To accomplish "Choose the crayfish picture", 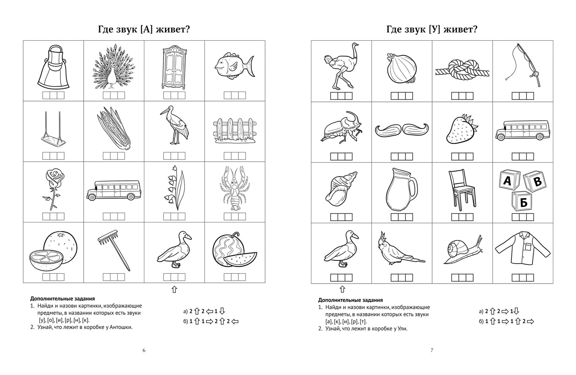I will click(235, 188).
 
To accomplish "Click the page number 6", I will click(144, 351).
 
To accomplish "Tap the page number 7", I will click(432, 351).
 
